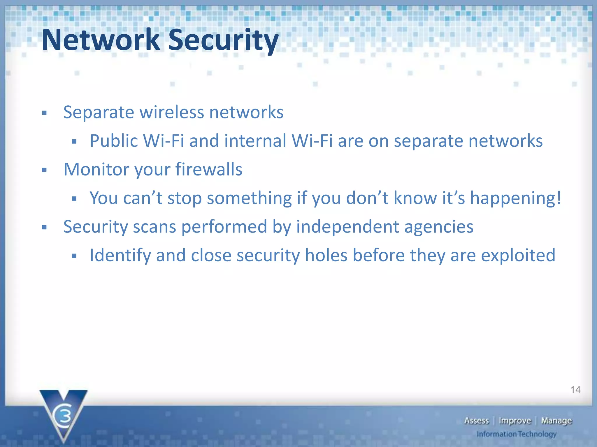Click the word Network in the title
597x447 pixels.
point(101,40)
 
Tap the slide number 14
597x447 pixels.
point(575,390)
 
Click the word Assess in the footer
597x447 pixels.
point(476,421)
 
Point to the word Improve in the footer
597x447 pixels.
point(515,421)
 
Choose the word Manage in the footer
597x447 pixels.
point(556,421)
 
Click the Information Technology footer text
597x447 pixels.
point(517,434)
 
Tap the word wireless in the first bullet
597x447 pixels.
point(172,112)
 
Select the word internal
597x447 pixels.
point(255,141)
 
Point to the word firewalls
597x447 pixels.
point(209,169)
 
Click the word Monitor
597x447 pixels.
point(96,169)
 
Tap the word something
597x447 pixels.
point(249,198)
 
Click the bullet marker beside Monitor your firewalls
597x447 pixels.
point(44,170)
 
